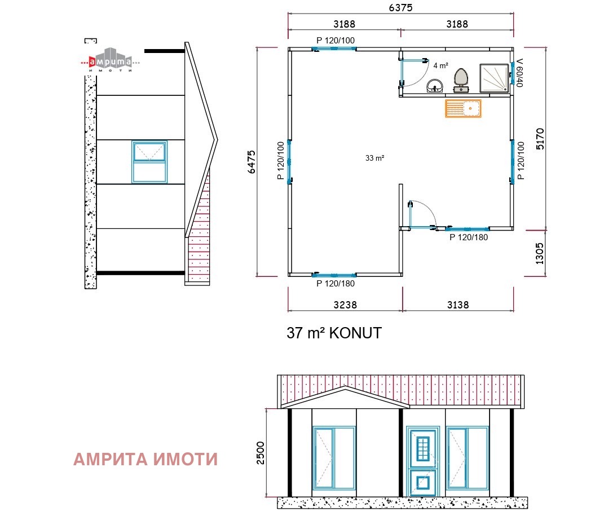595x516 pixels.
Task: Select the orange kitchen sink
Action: click(x=463, y=108)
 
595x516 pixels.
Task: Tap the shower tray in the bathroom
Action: click(x=495, y=77)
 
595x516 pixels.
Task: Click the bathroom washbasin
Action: click(x=434, y=86)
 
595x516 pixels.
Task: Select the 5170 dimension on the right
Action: click(x=540, y=138)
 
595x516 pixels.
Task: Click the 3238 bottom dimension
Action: click(x=345, y=305)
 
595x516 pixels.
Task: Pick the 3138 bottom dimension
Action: click(x=457, y=305)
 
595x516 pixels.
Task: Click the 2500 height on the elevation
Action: click(x=260, y=452)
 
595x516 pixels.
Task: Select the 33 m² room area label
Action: click(x=374, y=158)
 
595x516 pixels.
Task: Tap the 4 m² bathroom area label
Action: click(x=440, y=65)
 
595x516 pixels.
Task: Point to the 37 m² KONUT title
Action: click(x=334, y=333)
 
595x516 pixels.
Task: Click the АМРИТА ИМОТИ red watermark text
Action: click(x=146, y=460)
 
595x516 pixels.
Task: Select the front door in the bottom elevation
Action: click(x=422, y=459)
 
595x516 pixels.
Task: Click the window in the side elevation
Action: click(x=149, y=162)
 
